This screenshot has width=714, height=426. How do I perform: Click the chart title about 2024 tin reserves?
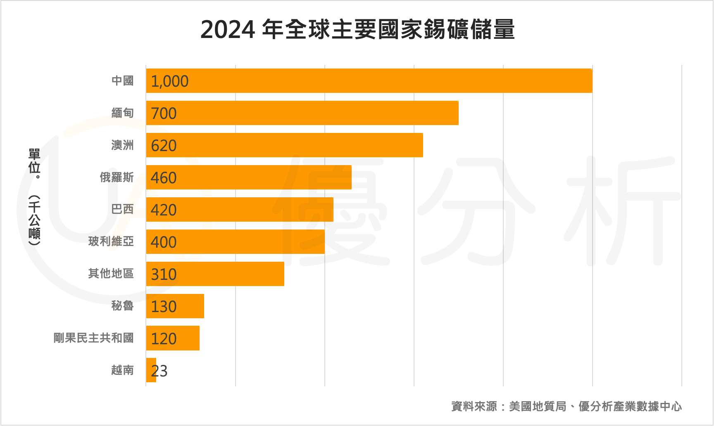point(357,30)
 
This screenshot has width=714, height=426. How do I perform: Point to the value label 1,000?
point(169,81)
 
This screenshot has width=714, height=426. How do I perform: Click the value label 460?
point(164,178)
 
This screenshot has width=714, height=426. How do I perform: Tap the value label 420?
point(164,210)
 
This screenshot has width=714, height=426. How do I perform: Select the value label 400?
point(164,242)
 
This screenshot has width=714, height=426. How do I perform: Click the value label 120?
point(164,339)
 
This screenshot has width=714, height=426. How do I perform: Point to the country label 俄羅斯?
point(117,177)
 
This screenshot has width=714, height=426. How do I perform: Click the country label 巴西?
point(122,210)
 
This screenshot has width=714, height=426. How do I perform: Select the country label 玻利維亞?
point(111,241)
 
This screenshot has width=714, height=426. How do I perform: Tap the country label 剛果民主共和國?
point(93,338)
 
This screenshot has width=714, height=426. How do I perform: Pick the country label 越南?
point(122,370)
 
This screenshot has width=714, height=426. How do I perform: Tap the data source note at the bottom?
point(566,407)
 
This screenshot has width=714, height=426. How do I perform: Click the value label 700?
point(164,114)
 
